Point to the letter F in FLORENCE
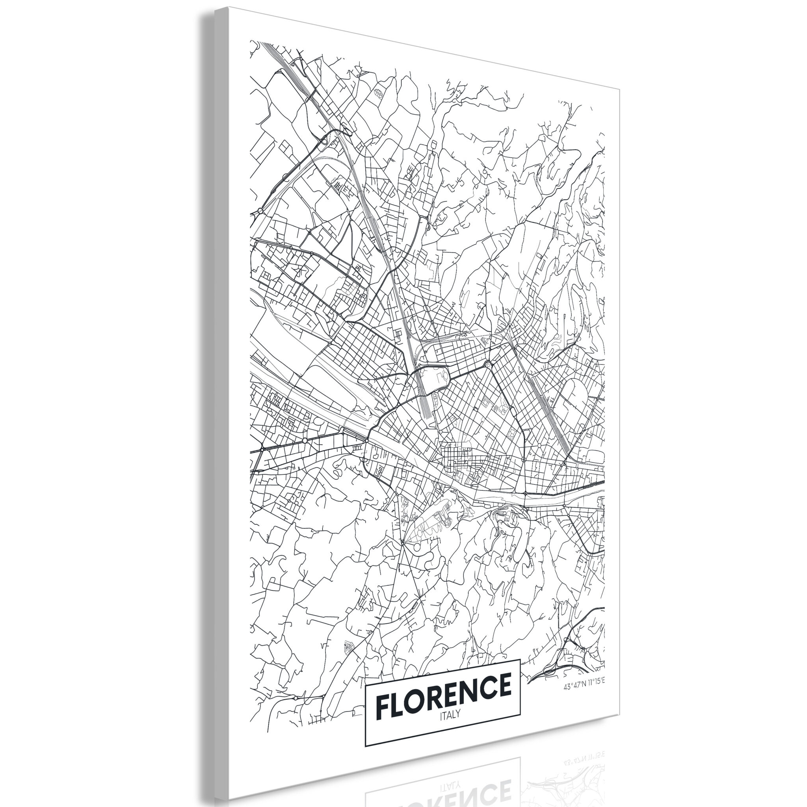[383, 705]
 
